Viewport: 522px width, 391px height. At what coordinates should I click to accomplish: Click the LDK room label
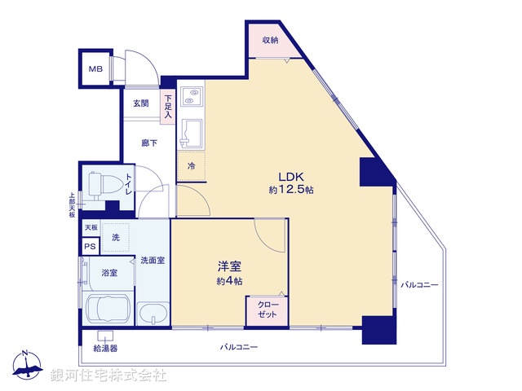[x=292, y=175]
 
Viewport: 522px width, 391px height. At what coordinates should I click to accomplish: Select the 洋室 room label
[x=228, y=266]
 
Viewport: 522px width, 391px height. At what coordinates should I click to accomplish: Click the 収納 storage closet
[x=270, y=40]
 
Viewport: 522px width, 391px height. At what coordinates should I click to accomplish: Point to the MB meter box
[x=96, y=68]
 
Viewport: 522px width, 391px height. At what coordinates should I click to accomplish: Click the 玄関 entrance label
[x=140, y=103]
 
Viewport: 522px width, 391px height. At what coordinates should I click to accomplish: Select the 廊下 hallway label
[x=148, y=143]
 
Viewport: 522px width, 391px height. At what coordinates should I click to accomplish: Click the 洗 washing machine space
[x=115, y=237]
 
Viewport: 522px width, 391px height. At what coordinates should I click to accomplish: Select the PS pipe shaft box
[x=90, y=247]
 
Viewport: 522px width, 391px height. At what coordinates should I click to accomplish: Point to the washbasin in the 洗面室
[x=153, y=314]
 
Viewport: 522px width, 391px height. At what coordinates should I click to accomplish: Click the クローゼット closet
[x=268, y=310]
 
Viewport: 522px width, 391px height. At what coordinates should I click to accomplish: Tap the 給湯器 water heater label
[x=106, y=348]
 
